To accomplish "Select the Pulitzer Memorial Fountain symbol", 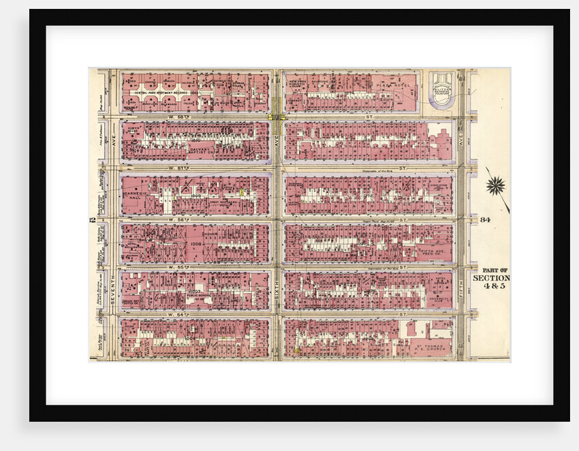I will tap(443, 89).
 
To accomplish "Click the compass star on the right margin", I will tap(497, 184).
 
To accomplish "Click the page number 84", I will tap(485, 219).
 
